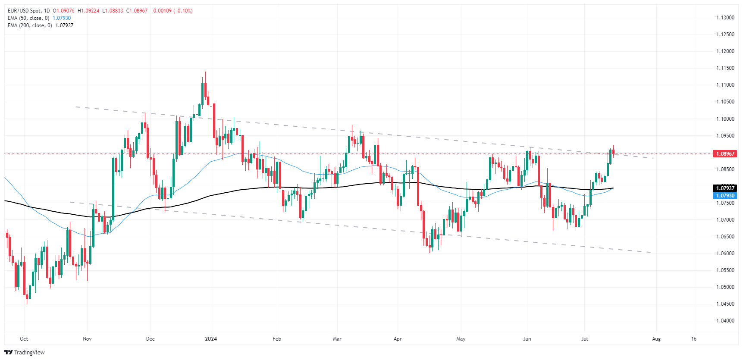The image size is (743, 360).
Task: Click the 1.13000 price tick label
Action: (725, 18)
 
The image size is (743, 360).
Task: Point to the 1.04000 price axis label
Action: (725, 321)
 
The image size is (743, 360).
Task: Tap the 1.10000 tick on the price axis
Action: (725, 119)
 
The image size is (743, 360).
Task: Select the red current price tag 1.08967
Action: (725, 154)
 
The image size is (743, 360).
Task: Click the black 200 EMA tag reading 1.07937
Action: (725, 188)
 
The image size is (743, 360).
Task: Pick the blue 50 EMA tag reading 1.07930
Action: (725, 196)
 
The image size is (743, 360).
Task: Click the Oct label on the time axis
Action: (24, 339)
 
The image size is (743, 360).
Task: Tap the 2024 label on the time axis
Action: (211, 339)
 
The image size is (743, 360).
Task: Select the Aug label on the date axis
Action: (656, 339)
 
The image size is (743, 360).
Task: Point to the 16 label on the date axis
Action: (693, 339)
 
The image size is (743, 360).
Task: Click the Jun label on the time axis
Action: (527, 339)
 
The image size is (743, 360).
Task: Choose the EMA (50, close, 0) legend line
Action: (28, 18)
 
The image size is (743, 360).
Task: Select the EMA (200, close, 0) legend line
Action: (30, 25)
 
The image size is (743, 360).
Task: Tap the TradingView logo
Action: (25, 352)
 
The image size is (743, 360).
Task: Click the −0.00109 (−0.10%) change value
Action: (172, 11)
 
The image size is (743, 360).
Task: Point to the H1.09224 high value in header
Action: (88, 11)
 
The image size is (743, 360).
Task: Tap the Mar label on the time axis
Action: (337, 339)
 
